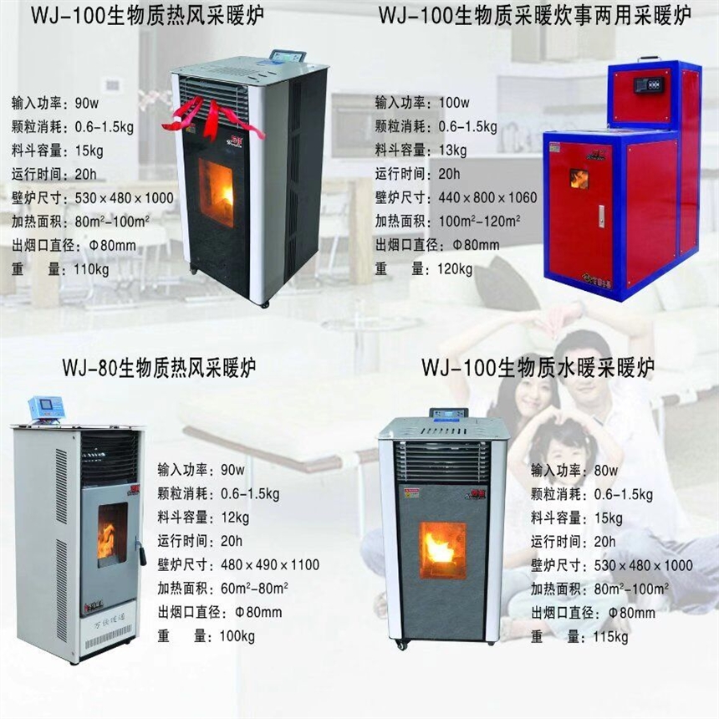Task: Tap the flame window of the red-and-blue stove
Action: [x=579, y=178]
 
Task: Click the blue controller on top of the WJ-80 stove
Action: [x=46, y=409]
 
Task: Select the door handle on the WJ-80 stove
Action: [x=142, y=553]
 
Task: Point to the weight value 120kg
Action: [x=454, y=269]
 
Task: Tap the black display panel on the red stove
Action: [x=650, y=84]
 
